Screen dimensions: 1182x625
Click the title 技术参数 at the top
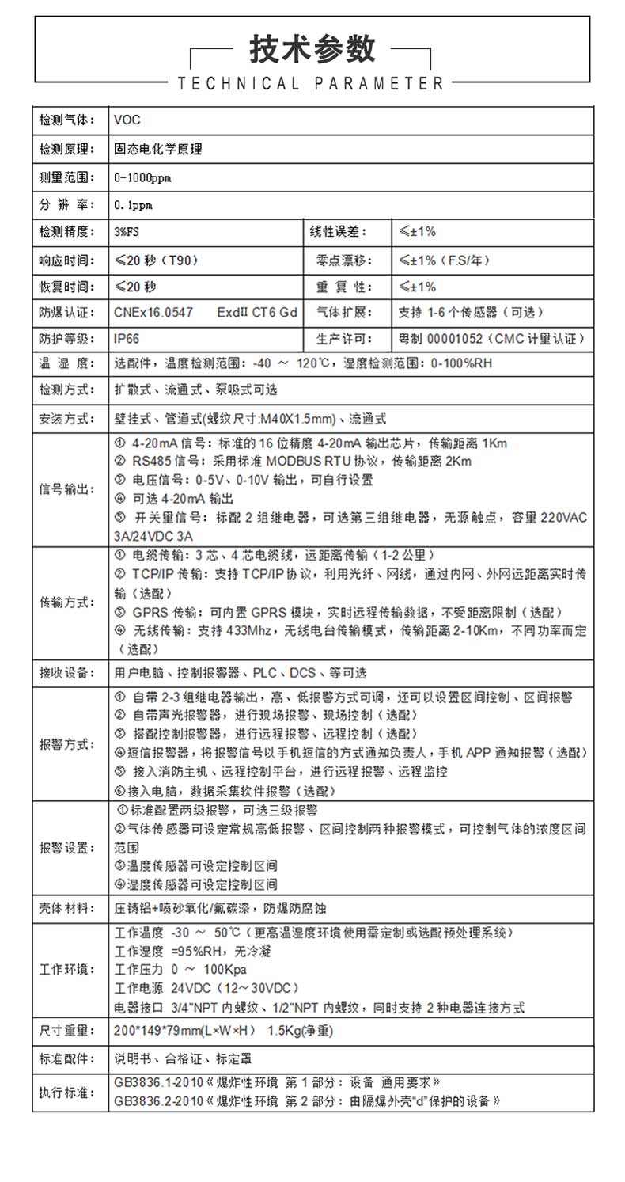[312, 49]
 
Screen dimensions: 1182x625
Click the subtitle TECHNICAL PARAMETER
[312, 83]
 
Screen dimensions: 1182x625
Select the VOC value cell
[127, 120]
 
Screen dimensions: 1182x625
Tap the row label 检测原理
[66, 148]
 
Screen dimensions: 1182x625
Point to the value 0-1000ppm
[142, 177]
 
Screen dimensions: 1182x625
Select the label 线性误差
[342, 232]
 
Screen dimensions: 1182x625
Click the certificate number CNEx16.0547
[153, 312]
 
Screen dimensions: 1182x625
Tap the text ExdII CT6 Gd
[257, 312]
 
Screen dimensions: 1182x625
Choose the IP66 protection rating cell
[127, 339]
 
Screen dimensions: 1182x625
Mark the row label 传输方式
[66, 602]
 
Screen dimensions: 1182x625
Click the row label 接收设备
[66, 673]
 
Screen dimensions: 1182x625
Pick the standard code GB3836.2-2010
[158, 1100]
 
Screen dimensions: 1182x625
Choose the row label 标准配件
[66, 1058]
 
